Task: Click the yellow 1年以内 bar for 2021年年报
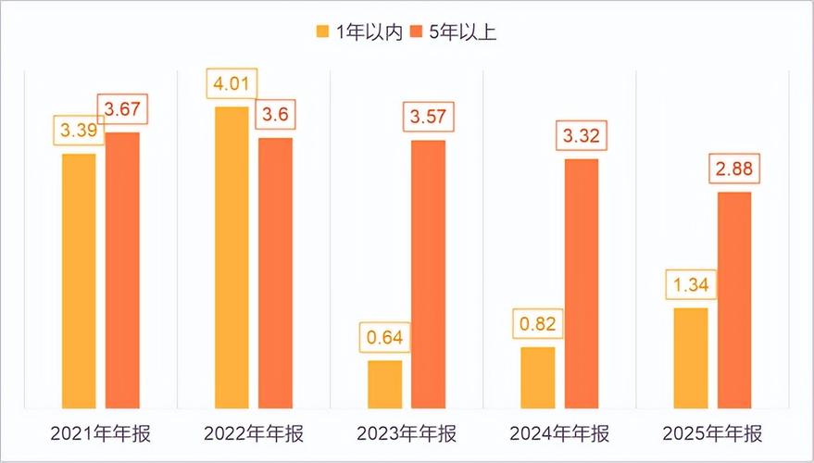click(79, 281)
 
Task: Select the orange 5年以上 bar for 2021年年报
click(121, 269)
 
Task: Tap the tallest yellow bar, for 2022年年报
click(232, 257)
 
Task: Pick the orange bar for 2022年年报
click(275, 273)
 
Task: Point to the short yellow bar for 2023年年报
click(385, 383)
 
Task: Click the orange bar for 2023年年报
click(428, 274)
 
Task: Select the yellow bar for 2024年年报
click(538, 377)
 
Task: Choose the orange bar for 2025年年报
click(734, 299)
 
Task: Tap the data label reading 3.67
click(121, 110)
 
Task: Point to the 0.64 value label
click(385, 338)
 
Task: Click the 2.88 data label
click(734, 171)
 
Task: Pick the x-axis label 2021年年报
click(100, 434)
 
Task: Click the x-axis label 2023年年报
click(407, 434)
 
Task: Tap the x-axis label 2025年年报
click(712, 434)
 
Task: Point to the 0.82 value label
click(538, 326)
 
